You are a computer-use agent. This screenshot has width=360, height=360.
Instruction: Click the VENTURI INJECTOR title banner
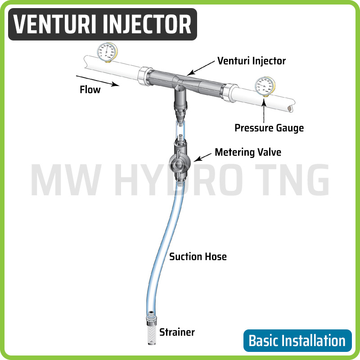click(103, 24)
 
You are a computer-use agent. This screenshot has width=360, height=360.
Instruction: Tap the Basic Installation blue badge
click(297, 341)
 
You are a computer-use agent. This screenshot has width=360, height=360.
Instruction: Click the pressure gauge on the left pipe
click(107, 51)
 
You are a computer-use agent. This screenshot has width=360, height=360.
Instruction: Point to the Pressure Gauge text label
click(269, 128)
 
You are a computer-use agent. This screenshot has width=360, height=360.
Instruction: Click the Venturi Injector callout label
click(251, 60)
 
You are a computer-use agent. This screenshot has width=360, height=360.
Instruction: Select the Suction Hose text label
click(198, 256)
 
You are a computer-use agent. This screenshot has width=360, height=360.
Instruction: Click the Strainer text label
click(177, 333)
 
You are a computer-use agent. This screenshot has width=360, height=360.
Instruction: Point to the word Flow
click(90, 89)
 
